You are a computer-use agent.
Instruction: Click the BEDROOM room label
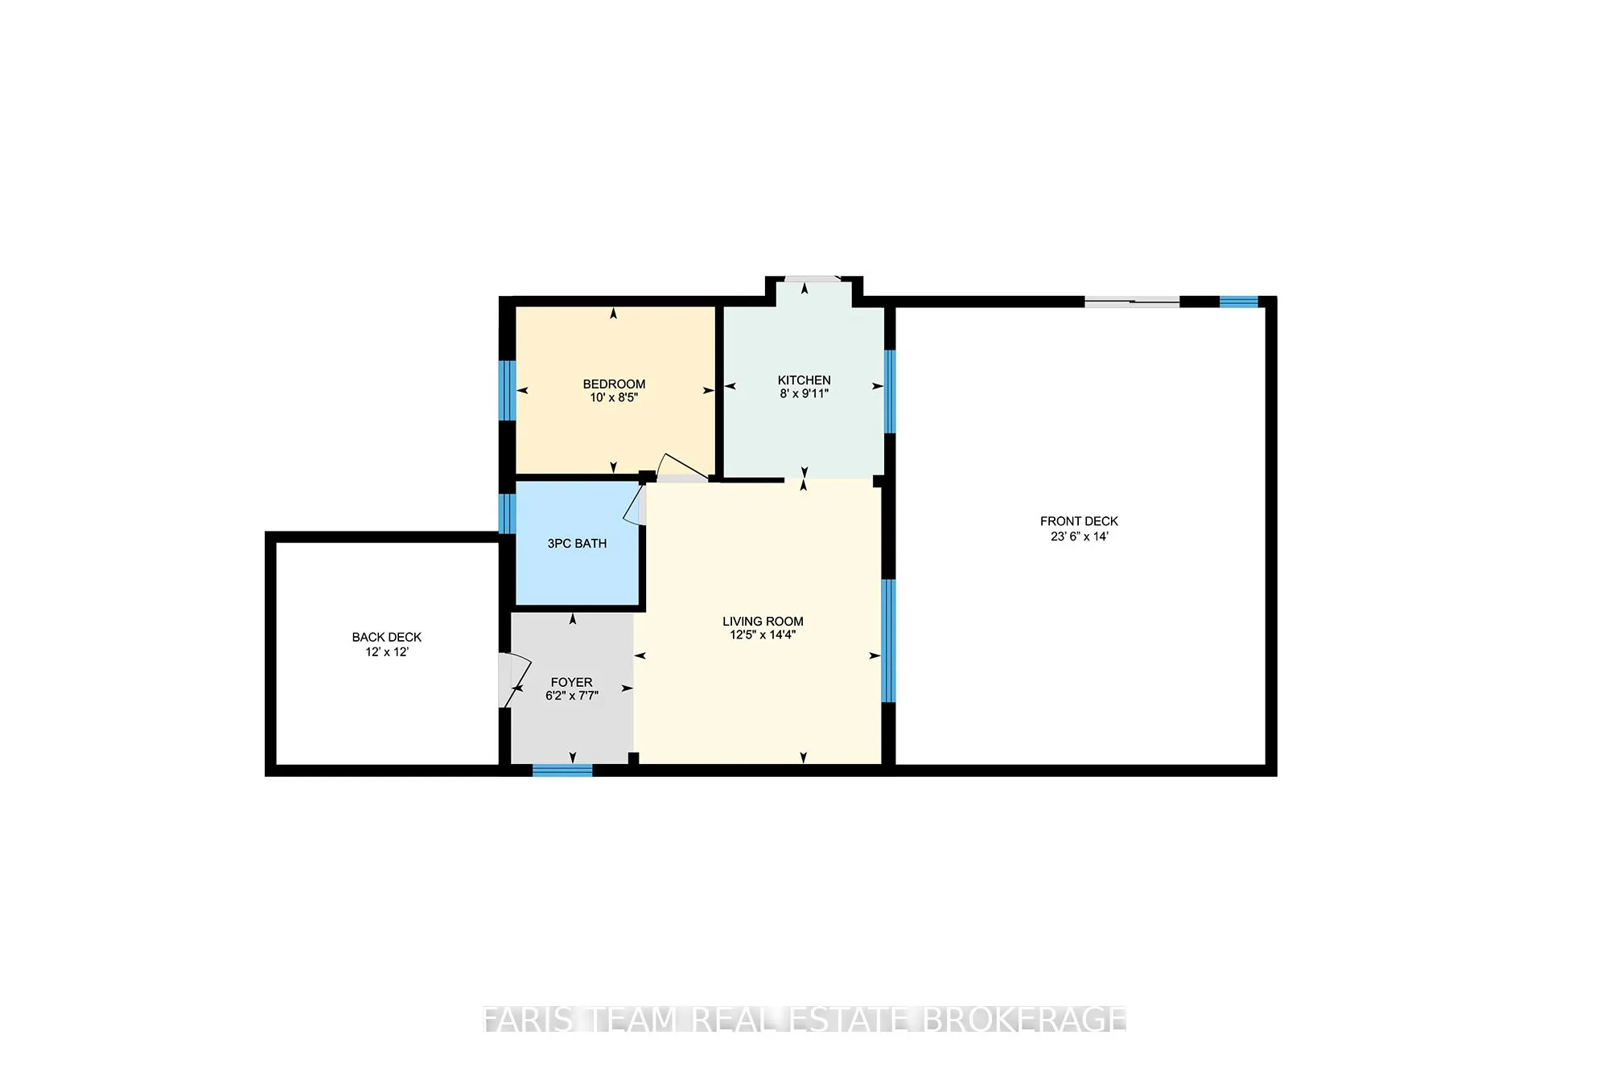point(614,384)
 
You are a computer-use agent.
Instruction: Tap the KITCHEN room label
point(804,380)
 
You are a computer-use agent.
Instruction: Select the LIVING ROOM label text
point(763,621)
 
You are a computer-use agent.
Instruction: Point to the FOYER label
point(571,682)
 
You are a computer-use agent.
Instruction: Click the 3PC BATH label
point(577,544)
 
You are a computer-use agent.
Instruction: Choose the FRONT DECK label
point(1079,521)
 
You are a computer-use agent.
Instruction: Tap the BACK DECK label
point(386,637)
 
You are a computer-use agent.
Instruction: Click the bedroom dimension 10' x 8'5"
point(614,397)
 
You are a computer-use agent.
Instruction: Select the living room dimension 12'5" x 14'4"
point(763,635)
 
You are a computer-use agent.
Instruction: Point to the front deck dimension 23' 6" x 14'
point(1079,536)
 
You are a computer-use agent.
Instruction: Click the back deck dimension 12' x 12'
point(386,652)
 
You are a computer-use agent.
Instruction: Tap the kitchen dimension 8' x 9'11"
point(804,393)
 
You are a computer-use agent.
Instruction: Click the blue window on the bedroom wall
point(507,390)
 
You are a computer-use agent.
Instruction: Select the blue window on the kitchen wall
point(889,392)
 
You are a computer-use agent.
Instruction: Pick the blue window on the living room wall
point(888,641)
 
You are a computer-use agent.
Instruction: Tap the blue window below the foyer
point(562,770)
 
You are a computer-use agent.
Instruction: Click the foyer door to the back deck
point(512,680)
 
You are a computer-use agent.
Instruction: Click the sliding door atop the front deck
point(1132,302)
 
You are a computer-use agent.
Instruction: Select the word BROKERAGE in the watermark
point(1023,1020)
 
